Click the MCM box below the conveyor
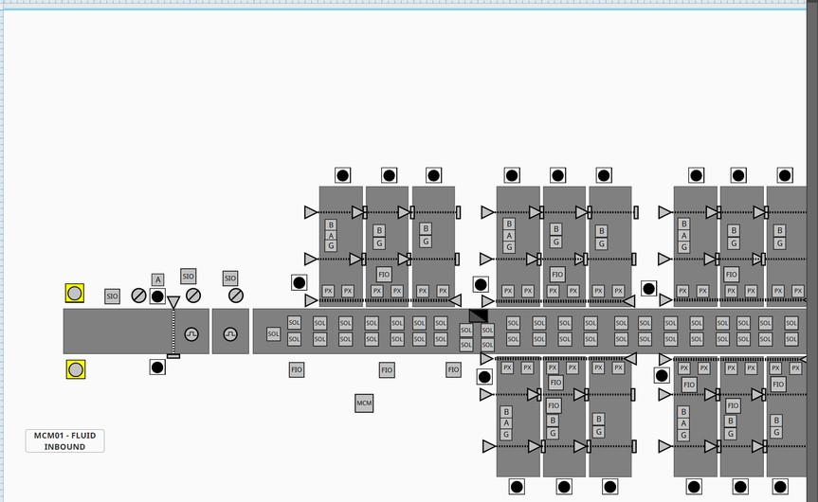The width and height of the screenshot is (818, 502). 364,404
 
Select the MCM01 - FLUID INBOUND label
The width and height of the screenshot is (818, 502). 64,440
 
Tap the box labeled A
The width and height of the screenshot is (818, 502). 157,279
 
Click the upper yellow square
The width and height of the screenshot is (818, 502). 75,294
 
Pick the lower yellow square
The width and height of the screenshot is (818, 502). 75,369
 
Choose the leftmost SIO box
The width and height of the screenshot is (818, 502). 112,296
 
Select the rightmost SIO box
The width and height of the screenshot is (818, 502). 230,278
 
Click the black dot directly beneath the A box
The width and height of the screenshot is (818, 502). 157,296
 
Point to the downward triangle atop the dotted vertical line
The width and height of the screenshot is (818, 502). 173,302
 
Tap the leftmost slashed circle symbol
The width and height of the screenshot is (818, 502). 138,296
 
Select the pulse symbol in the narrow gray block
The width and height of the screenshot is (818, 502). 230,334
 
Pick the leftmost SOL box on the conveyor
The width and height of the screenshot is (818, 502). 273,334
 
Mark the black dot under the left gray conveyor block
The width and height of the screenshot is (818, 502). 157,367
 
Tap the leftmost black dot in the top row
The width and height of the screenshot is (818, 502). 343,175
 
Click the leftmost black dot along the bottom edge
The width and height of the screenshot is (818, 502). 517,487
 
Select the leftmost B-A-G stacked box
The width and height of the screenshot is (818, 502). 331,236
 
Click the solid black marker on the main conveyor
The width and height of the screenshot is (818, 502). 479,315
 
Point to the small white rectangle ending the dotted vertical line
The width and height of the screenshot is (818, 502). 173,356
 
